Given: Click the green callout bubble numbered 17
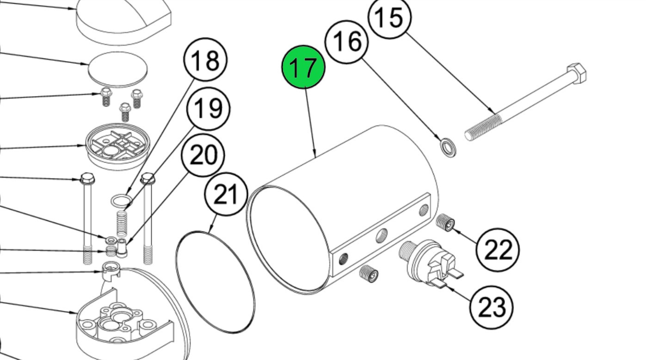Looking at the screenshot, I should [x=303, y=67].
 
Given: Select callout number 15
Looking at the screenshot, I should [x=389, y=18].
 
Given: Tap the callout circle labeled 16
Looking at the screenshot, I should [x=346, y=42].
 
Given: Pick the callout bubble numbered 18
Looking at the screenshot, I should [x=205, y=60].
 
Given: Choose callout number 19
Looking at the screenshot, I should [x=208, y=109].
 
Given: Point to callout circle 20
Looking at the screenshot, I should [x=203, y=155].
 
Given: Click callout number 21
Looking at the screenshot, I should [x=226, y=195].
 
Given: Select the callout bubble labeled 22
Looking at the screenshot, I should [x=498, y=250].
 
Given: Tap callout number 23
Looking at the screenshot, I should [x=491, y=307].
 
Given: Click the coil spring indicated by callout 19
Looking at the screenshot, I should [x=122, y=223].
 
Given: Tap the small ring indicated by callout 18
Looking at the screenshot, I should [x=121, y=201].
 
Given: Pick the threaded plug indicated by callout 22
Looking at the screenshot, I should [x=445, y=222].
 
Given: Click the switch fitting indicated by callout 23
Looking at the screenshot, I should [x=426, y=264].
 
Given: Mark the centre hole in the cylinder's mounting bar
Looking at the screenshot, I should [x=381, y=236].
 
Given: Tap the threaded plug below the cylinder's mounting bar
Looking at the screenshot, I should [x=369, y=274].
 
